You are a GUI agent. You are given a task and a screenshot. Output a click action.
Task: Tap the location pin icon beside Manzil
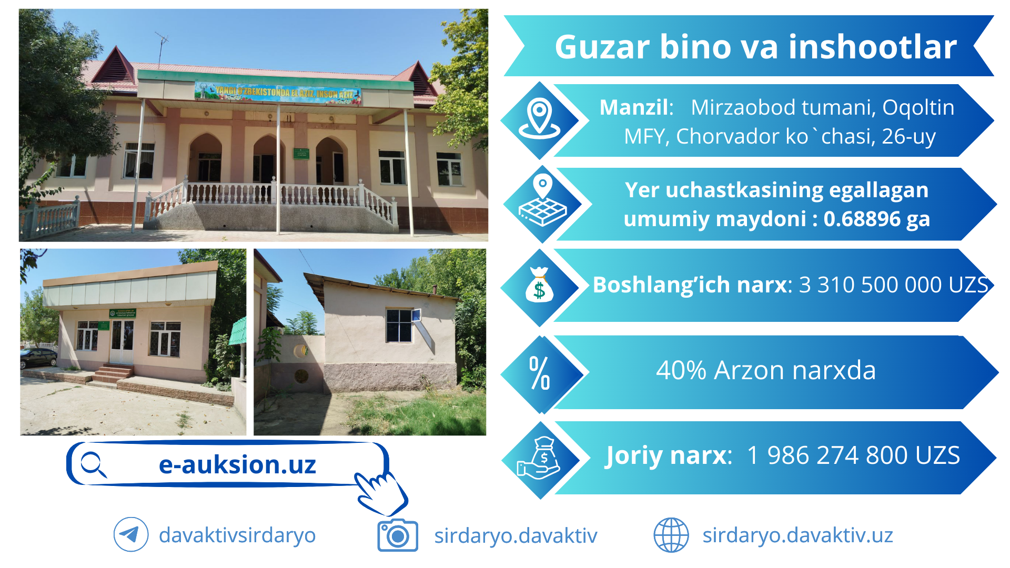[540, 118]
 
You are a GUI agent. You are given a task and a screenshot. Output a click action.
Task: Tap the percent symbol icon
[540, 373]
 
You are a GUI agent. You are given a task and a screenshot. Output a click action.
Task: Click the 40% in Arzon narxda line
[681, 370]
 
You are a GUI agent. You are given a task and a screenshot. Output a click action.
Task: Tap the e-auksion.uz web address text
[237, 464]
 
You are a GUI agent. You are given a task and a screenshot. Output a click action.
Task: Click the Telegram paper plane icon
[131, 535]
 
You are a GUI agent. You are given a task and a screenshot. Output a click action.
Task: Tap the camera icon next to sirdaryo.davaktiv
[398, 535]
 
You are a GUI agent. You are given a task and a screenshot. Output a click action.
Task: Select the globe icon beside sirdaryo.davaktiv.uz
[671, 535]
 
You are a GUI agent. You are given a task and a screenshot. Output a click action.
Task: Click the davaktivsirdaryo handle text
[237, 535]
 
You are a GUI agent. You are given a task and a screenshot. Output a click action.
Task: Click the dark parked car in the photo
[38, 358]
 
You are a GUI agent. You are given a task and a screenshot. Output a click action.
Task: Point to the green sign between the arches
[301, 153]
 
